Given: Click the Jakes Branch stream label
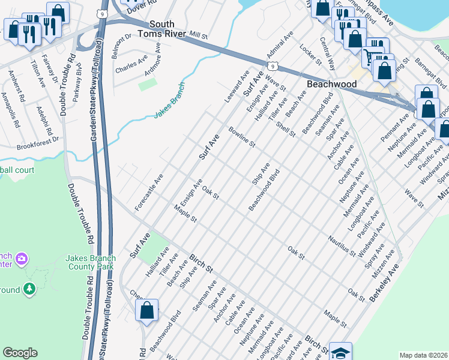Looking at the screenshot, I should click(x=170, y=100).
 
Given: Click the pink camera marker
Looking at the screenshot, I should click(x=22, y=259).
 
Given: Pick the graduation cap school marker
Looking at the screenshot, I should click(x=340, y=352).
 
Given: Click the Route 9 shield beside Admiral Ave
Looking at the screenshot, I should click(x=273, y=64).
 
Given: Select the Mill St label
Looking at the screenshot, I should click(x=197, y=36).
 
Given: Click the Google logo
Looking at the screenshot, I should click(x=20, y=353).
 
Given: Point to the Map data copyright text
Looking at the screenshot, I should click(x=423, y=355).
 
